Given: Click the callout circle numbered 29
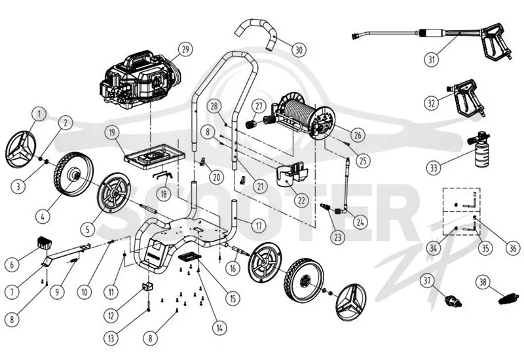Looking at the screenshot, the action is tap(185, 50).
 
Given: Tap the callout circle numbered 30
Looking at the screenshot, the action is tap(299, 50).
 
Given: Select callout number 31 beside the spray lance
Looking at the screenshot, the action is tap(432, 60).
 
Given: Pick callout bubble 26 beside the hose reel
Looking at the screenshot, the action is tap(358, 135).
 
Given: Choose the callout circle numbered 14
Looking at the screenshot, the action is tap(219, 329).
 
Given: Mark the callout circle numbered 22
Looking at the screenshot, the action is tap(301, 200).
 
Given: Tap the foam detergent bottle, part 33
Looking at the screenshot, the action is tap(479, 150).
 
